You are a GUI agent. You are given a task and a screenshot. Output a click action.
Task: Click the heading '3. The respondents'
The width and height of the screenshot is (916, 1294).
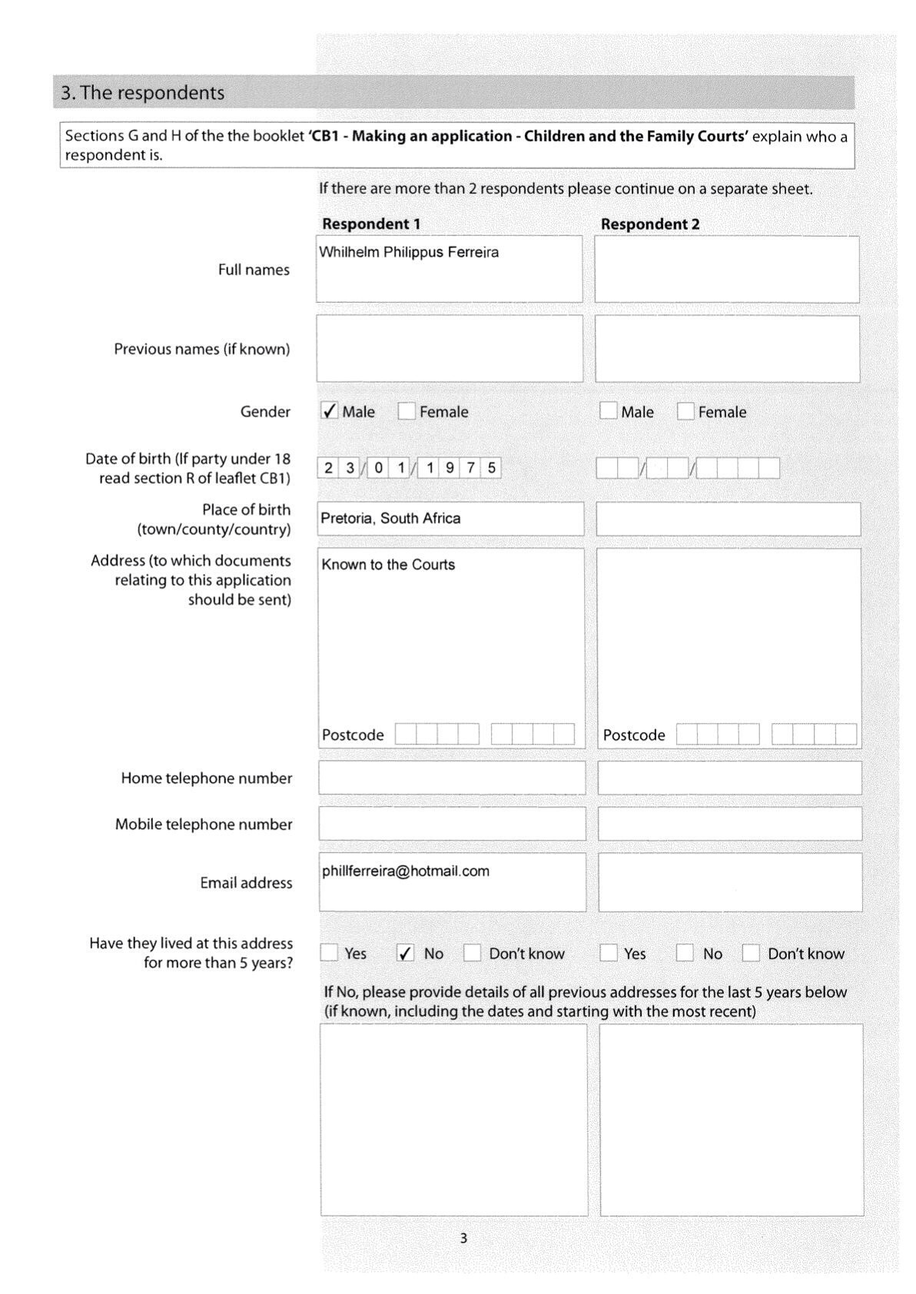coord(143,93)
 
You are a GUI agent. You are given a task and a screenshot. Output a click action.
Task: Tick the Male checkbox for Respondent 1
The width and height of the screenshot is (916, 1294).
coord(329,411)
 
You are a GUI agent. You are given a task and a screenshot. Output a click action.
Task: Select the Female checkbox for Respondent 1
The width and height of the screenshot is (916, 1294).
coord(407,411)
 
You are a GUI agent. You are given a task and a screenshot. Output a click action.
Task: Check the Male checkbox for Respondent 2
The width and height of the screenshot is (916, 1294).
coord(608,411)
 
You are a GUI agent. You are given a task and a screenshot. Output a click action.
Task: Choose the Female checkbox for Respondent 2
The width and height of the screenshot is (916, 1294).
coord(685,411)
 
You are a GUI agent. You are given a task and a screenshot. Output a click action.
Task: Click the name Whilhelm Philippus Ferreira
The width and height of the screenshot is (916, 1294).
coord(409,252)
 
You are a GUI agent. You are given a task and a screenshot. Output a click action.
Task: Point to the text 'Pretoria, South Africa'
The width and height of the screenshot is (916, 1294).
coord(390,518)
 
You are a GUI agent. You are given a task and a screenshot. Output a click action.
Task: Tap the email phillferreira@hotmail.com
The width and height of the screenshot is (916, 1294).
coord(406,871)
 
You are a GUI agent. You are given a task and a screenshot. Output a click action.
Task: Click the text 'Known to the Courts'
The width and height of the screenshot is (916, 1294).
coord(388,565)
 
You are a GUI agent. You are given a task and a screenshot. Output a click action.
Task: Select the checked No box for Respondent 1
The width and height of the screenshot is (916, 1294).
coord(406,953)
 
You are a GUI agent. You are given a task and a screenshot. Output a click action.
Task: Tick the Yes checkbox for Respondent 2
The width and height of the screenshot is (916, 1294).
coord(609,953)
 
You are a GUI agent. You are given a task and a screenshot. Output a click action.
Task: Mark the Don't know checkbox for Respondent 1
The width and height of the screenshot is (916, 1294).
coord(473,953)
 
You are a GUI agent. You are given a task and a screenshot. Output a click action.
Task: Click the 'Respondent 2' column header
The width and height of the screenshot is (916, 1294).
coord(650,224)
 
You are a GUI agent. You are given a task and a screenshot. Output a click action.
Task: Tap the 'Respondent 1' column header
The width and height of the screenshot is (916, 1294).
coord(371,224)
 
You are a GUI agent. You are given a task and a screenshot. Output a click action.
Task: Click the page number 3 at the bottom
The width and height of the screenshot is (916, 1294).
coord(463,1238)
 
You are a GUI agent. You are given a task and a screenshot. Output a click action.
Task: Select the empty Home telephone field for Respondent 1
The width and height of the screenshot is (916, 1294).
coord(452,778)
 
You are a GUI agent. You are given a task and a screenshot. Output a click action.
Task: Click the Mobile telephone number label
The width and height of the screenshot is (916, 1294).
coord(204,825)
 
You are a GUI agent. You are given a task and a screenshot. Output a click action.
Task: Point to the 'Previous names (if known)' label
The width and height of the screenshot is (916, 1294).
coord(202,349)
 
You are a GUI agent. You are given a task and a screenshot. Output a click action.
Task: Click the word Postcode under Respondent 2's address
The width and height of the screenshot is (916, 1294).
coord(634,735)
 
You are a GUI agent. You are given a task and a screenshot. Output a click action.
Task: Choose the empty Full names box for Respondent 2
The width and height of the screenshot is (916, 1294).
coord(727,269)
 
